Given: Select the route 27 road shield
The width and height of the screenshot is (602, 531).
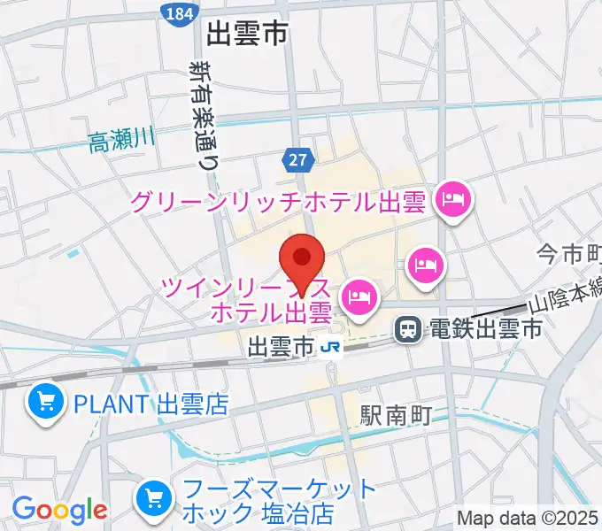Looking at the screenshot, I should [298, 159].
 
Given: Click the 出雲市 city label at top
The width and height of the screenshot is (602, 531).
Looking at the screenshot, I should [248, 35].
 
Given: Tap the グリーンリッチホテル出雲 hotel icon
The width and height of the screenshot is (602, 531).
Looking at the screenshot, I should [454, 200].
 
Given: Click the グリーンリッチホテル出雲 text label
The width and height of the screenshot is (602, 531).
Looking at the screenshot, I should [280, 203].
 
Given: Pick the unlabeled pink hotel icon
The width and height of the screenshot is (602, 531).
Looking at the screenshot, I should [424, 264].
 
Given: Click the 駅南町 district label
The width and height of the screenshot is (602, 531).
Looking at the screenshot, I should [396, 414].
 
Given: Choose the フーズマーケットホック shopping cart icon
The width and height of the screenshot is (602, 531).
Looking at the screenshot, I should [155, 501].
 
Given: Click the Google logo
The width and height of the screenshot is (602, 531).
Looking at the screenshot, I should [59, 509].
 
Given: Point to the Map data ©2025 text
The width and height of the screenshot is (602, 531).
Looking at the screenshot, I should [528, 518].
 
